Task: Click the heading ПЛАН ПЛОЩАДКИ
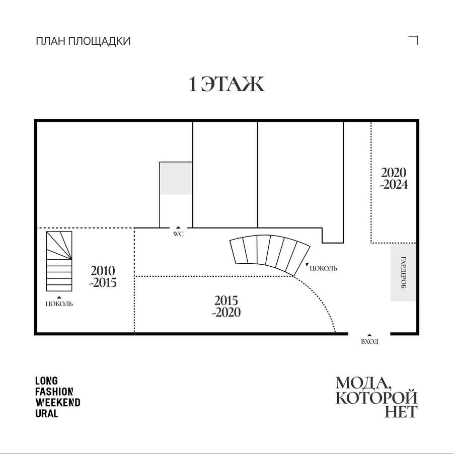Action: pyautogui.click(x=83, y=41)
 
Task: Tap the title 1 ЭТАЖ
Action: pyautogui.click(x=226, y=84)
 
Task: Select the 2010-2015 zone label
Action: pyautogui.click(x=103, y=276)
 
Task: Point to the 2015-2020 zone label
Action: pyautogui.click(x=226, y=307)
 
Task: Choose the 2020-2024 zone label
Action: pyautogui.click(x=394, y=178)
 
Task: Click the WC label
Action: pyautogui.click(x=178, y=234)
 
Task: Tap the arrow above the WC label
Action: pyautogui.click(x=178, y=228)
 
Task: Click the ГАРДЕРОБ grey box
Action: pyautogui.click(x=403, y=272)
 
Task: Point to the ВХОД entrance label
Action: pyautogui.click(x=369, y=342)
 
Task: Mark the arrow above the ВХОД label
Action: pyautogui.click(x=369, y=335)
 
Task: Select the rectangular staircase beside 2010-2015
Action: pyautogui.click(x=59, y=261)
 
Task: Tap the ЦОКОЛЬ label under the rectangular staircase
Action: pyautogui.click(x=59, y=304)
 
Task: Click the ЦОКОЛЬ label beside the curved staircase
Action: pyautogui.click(x=323, y=268)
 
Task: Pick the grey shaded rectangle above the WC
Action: pyautogui.click(x=176, y=178)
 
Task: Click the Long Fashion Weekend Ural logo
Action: pyautogui.click(x=57, y=397)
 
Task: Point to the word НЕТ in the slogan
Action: pyautogui.click(x=401, y=411)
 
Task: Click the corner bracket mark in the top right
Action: pyautogui.click(x=413, y=40)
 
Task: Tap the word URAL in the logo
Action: pyautogui.click(x=47, y=413)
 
